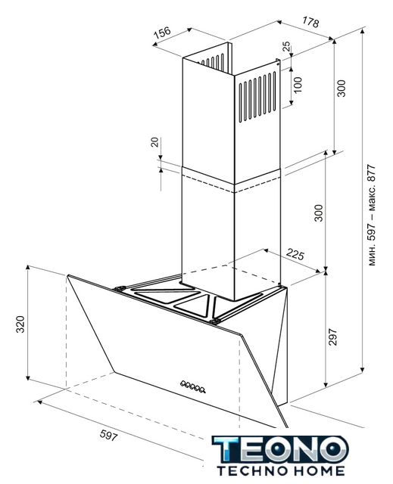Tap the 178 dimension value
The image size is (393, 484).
pos(310,22)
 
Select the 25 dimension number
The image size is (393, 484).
pos(286,46)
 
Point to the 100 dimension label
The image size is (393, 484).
pos(298,85)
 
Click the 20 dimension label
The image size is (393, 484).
pos(154,142)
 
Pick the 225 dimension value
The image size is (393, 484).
pos(295,254)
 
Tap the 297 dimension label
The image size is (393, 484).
pos(332,337)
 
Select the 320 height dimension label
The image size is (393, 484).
pos(20,324)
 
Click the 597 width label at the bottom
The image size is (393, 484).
pos(109,436)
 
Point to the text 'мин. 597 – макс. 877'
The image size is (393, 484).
pos(372,216)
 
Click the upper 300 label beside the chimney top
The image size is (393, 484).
pos(341,88)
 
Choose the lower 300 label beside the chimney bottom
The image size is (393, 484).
pos(318,213)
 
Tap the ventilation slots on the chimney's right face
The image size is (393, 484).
pos(257,97)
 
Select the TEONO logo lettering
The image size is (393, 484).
pos(280,449)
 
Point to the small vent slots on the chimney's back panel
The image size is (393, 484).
pos(214,61)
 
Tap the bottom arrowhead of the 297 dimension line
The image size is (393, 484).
pos(326,385)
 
